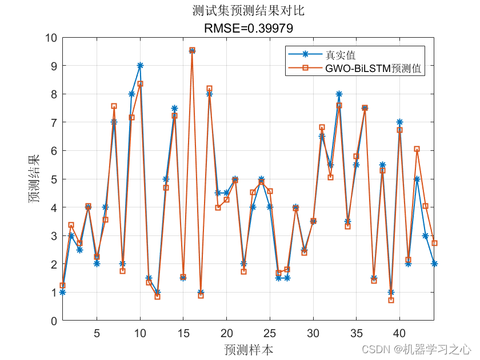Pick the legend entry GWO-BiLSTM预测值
374,69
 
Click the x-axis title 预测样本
248,349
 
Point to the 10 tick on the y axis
50,38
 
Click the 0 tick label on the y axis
54,321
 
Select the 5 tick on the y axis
54,179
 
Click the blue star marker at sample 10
140,66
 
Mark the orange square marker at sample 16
192,50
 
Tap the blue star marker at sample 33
339,94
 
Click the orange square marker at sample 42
417,149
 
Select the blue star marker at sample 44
434,263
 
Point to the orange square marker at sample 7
114,106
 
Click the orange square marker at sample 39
391,300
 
